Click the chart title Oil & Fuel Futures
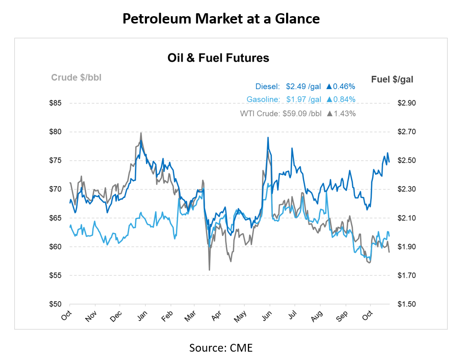click(x=218, y=58)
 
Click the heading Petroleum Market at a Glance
click(x=221, y=19)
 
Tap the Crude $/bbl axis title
click(x=76, y=77)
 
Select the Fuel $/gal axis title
click(x=392, y=79)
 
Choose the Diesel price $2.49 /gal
click(x=303, y=87)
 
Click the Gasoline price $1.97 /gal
click(x=303, y=99)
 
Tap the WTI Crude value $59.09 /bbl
click(x=301, y=114)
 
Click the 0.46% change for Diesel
click(x=344, y=87)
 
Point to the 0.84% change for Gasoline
click(x=344, y=99)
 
